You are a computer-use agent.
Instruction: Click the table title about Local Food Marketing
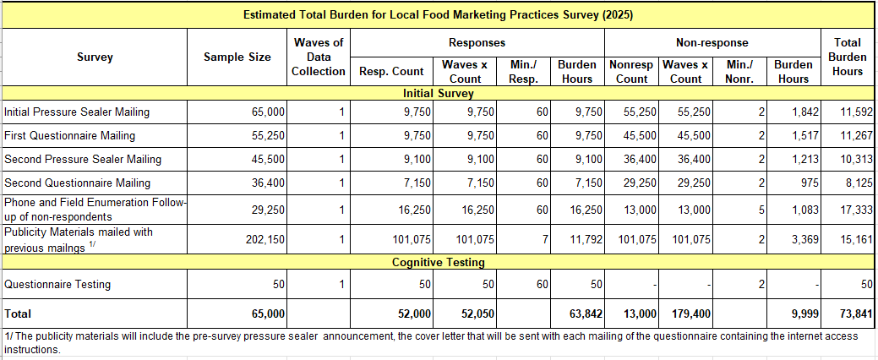click(x=438, y=14)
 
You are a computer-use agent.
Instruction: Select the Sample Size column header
click(x=237, y=57)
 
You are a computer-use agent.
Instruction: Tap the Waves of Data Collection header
click(x=319, y=57)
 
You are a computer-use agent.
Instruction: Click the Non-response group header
click(x=712, y=42)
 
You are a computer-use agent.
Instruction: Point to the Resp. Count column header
click(x=391, y=71)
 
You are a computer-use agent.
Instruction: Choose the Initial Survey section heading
click(x=438, y=94)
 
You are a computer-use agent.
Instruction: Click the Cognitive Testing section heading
click(x=438, y=263)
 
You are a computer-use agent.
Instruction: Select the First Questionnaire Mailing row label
click(x=69, y=135)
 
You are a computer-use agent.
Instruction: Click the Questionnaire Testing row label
click(x=57, y=285)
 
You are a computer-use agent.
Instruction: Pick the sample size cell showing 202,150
click(x=264, y=240)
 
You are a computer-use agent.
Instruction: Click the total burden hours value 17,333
click(x=855, y=209)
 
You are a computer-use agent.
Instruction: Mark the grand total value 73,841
click(x=855, y=314)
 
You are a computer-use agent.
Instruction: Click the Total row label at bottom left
click(x=18, y=314)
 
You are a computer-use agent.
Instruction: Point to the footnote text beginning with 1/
click(x=431, y=341)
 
